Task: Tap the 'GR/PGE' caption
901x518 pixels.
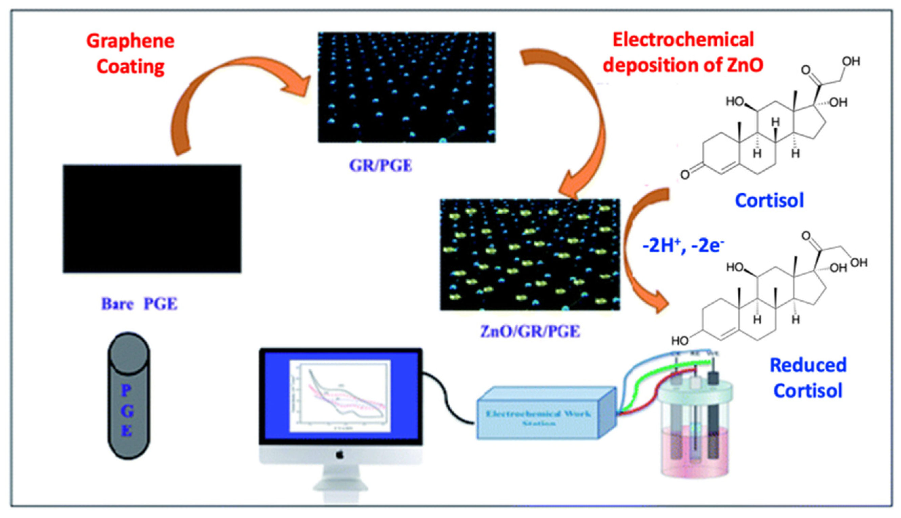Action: pyautogui.click(x=381, y=166)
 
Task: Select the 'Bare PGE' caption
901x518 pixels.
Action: pyautogui.click(x=139, y=304)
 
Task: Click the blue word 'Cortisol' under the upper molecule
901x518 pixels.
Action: pyautogui.click(x=769, y=200)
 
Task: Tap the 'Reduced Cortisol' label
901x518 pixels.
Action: pyautogui.click(x=808, y=378)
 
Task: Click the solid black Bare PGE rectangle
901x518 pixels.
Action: pyautogui.click(x=152, y=218)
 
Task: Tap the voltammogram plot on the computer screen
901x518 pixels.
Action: pyautogui.click(x=341, y=396)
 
